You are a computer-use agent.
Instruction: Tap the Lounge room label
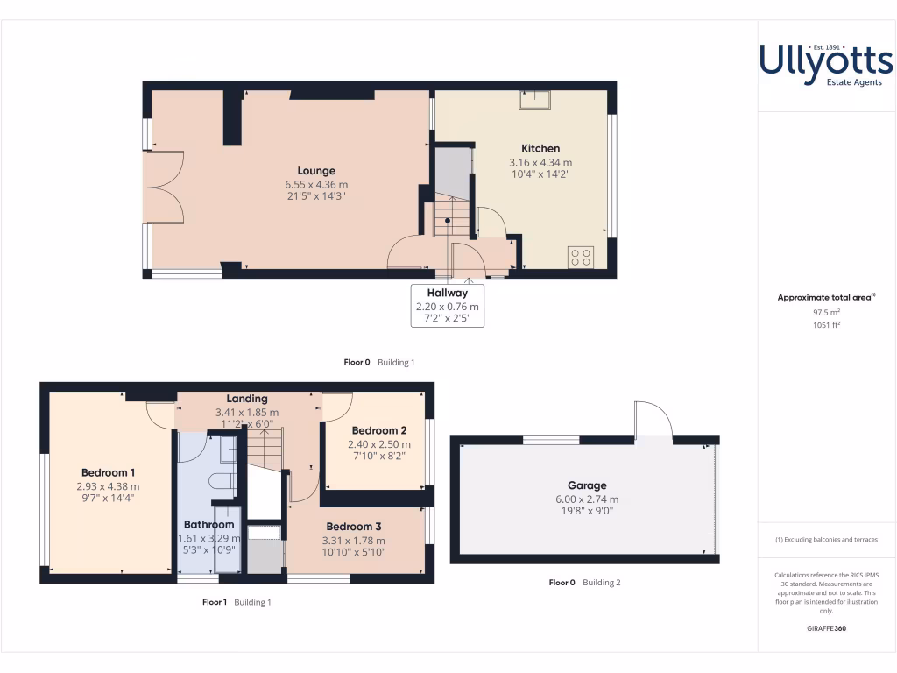click(x=316, y=171)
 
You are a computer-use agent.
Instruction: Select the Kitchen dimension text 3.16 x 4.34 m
click(x=540, y=162)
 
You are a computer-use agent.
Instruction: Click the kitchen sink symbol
click(x=533, y=99)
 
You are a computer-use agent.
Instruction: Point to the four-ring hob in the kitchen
click(x=581, y=257)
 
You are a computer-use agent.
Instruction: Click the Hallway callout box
click(x=448, y=306)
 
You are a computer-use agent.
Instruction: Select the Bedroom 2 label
click(x=379, y=430)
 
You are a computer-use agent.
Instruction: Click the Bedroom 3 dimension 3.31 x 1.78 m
click(x=353, y=541)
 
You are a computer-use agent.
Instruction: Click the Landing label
click(x=247, y=399)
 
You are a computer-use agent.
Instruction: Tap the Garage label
click(x=587, y=485)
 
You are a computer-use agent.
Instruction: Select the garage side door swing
click(x=653, y=419)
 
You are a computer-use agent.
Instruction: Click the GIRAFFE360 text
click(x=826, y=628)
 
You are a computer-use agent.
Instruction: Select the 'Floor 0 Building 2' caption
click(x=584, y=583)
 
